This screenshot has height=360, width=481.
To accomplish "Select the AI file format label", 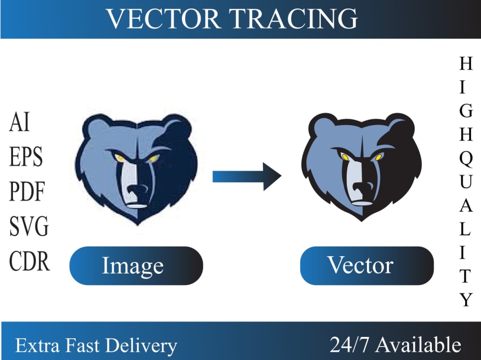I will tap(20, 123).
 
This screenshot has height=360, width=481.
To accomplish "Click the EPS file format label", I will tap(26, 158).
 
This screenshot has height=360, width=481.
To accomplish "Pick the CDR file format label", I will tap(29, 261).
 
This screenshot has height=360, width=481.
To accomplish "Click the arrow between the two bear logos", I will tap(247, 176).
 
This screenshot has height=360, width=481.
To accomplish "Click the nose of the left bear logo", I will tap(139, 188).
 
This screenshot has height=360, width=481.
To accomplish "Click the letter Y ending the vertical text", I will tap(466, 300).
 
